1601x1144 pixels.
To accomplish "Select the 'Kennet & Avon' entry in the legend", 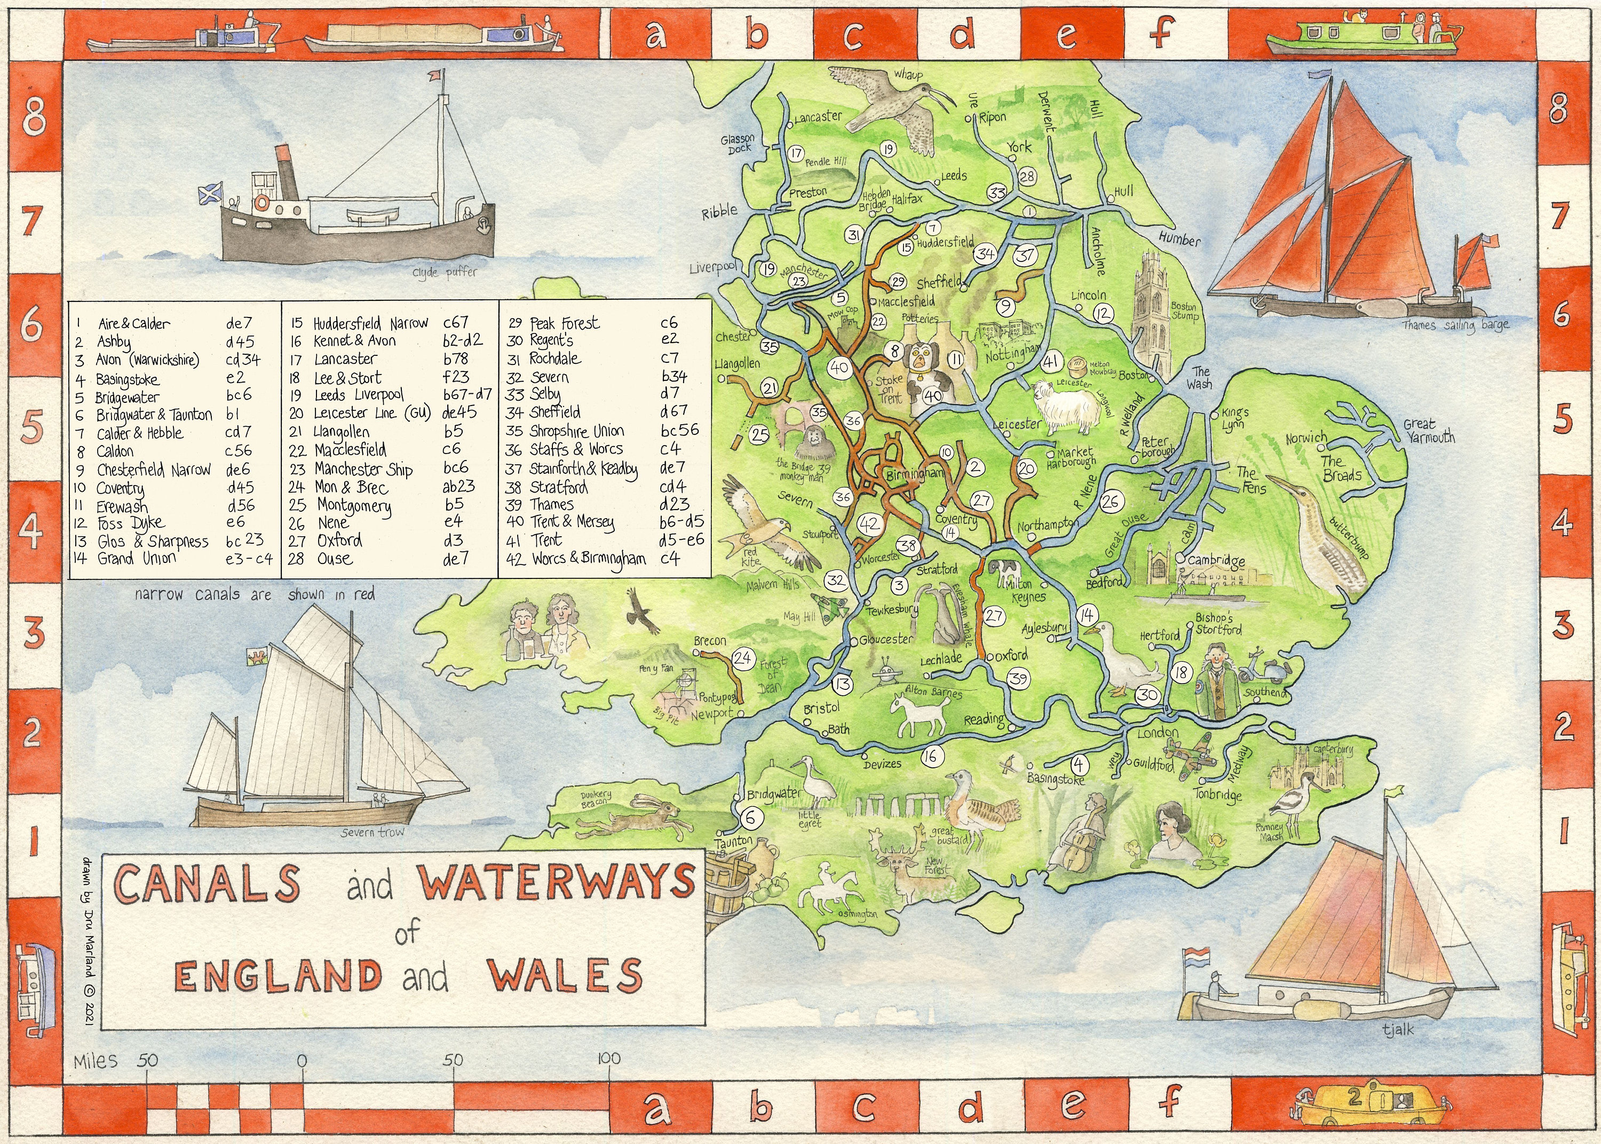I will [354, 341].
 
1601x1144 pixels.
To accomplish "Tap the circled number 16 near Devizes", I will [931, 757].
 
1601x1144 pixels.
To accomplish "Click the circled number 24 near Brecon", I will [743, 658].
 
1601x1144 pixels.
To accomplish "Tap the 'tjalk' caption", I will [1398, 1029].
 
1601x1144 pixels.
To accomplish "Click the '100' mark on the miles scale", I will [608, 1058].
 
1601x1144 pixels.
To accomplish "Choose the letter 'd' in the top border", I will [962, 34].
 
